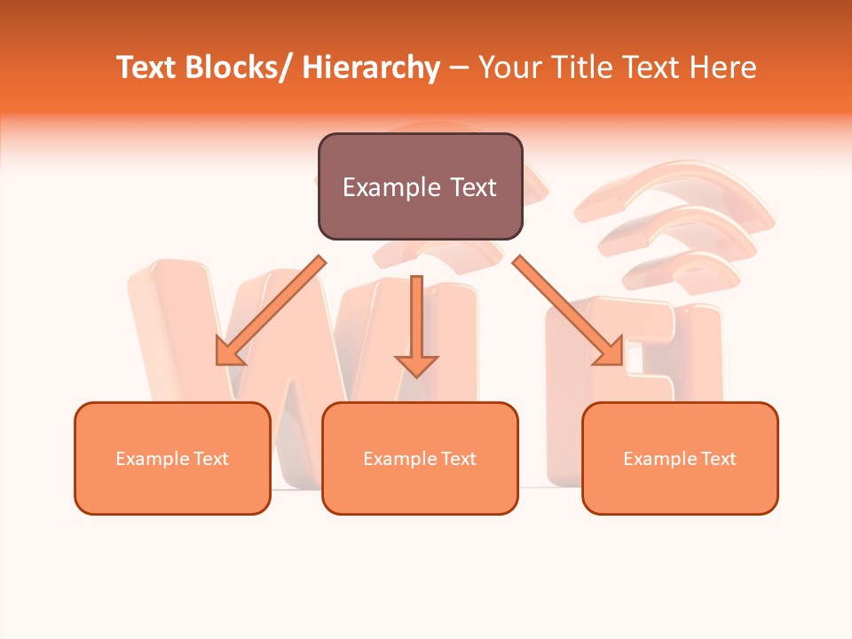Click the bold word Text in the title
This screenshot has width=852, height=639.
[147, 68]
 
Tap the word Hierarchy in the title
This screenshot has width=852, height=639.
[371, 68]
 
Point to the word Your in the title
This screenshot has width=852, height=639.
[511, 68]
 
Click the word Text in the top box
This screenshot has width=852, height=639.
[473, 187]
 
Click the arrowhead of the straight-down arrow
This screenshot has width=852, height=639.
[416, 365]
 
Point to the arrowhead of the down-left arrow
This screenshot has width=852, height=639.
[229, 353]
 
